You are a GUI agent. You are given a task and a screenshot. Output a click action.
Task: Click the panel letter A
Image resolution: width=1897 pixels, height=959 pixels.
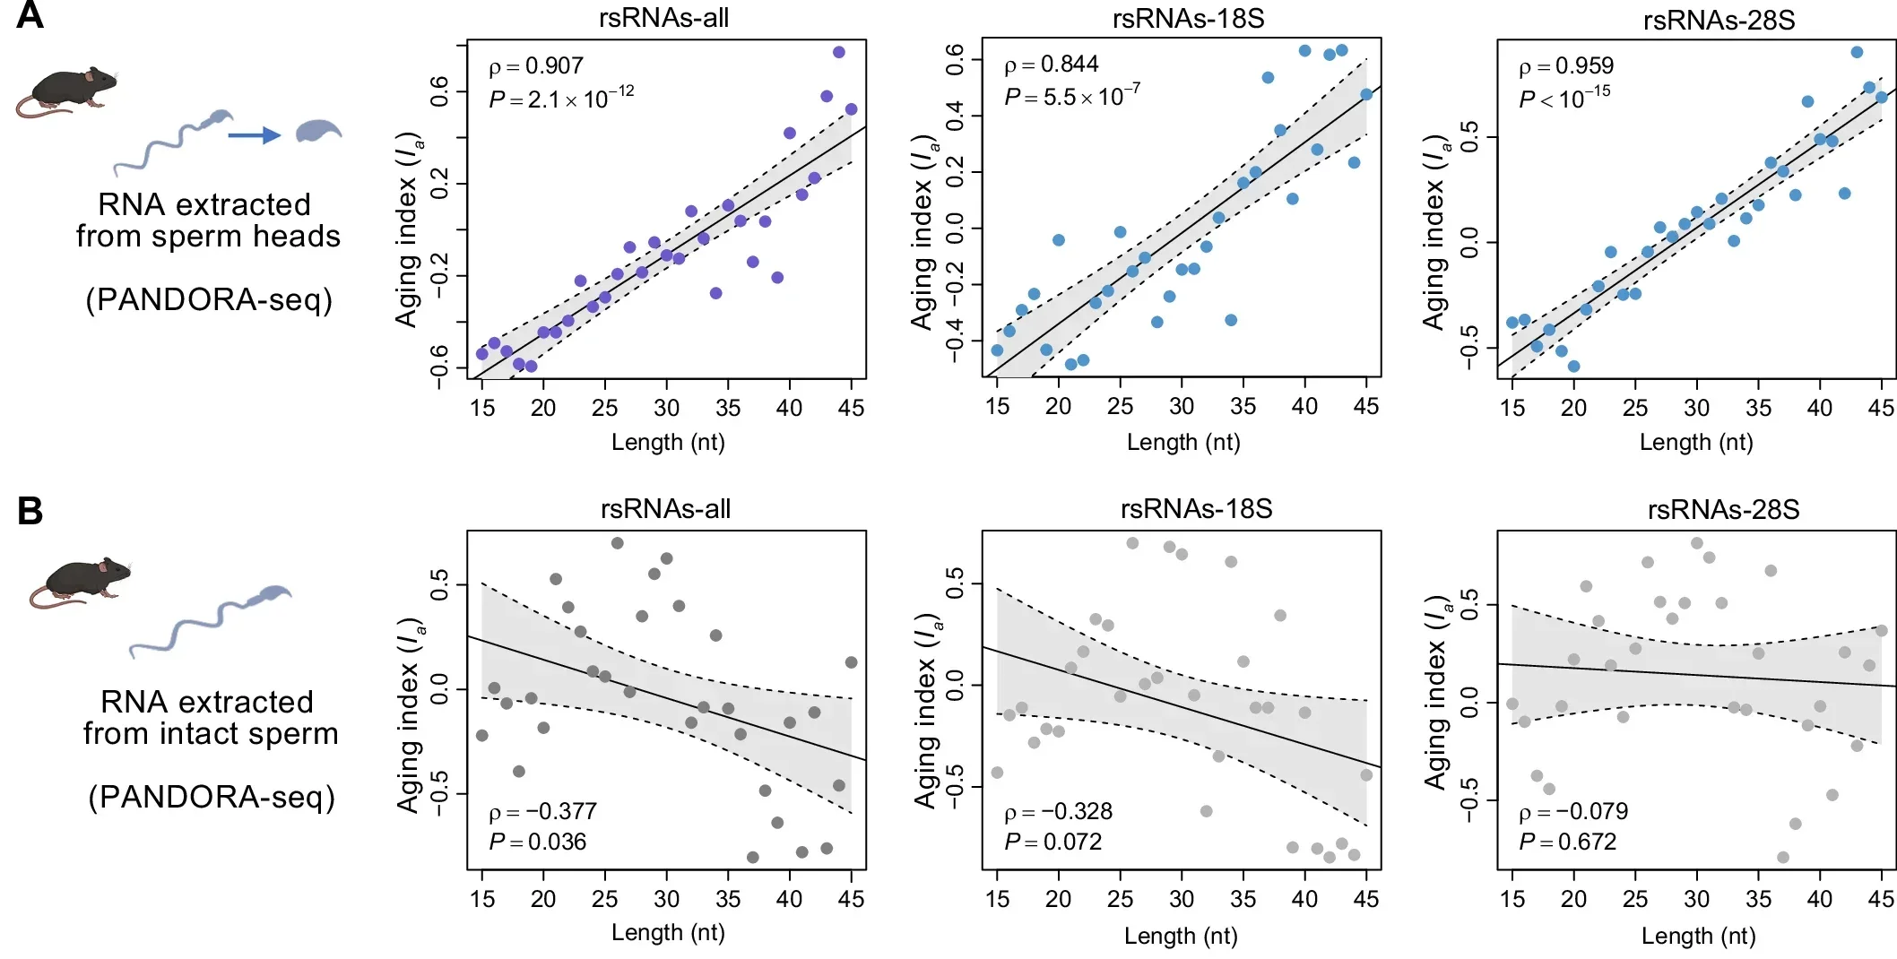pos(29,15)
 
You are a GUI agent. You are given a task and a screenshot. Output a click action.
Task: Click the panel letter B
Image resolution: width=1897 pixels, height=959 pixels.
pos(30,511)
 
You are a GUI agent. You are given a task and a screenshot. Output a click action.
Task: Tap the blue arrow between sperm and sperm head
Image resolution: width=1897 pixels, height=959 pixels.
pos(254,135)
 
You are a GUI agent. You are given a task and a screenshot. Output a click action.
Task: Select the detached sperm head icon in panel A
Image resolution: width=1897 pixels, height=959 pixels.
pos(318,131)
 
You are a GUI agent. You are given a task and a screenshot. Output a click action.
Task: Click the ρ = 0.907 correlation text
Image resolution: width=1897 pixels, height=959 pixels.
pos(535,66)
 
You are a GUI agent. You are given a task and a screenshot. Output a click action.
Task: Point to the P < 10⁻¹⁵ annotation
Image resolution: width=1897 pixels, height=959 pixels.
pos(1564,98)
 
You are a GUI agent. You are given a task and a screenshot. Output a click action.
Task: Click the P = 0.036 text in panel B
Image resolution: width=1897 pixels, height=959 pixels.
pos(537,842)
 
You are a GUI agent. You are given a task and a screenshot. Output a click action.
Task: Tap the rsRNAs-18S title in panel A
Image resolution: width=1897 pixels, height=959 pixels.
pos(1188,18)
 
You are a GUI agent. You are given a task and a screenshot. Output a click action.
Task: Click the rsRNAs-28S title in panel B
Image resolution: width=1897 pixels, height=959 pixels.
pos(1723,510)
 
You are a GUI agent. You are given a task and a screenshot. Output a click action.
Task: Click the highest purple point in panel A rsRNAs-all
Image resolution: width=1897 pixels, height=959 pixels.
pos(838,52)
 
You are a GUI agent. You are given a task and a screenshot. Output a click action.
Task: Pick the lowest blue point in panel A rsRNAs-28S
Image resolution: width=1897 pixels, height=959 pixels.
pos(1573,366)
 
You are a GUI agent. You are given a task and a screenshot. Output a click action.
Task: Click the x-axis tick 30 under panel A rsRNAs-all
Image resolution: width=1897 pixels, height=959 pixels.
pos(666,408)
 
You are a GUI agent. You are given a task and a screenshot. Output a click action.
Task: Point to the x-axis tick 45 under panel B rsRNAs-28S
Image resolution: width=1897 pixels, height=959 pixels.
pos(1880,899)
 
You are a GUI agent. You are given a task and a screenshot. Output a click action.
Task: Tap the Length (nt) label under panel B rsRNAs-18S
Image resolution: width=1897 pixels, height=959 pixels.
pos(1181,936)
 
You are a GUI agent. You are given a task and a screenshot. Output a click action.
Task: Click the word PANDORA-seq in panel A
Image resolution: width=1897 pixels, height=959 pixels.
pos(209,299)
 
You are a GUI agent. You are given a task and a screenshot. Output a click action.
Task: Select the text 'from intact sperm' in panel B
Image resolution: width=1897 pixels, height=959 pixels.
pos(211,734)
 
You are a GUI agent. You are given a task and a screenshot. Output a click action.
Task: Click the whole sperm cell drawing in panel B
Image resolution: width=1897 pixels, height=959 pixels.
pos(211,619)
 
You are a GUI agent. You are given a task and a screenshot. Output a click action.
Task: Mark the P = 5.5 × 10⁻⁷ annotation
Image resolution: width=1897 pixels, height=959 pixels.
pos(1071,96)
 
